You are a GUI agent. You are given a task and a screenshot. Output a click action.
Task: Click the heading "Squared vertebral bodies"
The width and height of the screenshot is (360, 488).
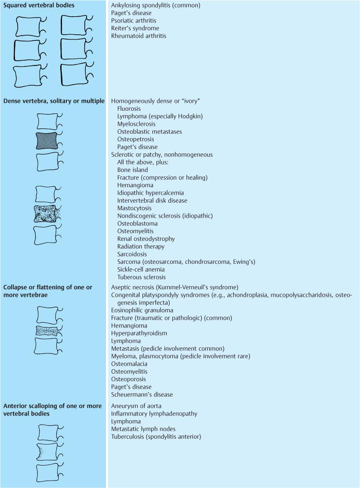pos(39,5)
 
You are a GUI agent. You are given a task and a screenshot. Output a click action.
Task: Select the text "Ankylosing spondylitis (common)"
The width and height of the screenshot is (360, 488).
pos(149,5)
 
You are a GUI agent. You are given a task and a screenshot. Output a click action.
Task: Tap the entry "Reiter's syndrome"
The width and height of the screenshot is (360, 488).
pos(135,28)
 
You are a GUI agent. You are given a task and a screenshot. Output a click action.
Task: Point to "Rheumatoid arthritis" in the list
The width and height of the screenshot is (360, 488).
pos(138,36)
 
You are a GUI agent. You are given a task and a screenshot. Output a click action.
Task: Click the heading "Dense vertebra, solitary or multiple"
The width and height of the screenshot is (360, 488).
pos(54,101)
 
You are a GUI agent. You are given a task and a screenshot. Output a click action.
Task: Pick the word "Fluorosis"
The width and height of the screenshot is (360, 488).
pos(129,109)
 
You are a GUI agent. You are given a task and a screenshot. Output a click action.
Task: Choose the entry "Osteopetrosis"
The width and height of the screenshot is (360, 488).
pos(135,139)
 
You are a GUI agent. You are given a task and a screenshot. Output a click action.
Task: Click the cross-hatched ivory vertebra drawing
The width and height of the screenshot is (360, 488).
pos(47,141)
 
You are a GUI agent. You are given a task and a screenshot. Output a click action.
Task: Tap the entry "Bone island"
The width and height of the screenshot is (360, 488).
pos(132,170)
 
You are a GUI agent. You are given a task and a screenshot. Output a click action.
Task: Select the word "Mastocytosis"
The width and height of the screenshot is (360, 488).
pos(134,208)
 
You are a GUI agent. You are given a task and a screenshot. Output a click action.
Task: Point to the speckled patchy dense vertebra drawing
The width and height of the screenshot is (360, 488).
pos(46,214)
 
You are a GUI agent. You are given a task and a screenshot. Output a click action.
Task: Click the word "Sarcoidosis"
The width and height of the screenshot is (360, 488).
pos(132,254)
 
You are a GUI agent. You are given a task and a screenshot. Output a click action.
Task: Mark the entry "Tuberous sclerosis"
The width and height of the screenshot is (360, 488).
pos(141,277)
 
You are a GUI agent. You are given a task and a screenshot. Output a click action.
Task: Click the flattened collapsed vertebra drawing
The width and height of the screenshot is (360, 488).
pos(47,331)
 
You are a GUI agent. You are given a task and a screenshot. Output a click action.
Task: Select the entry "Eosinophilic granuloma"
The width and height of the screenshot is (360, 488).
pos(142,310)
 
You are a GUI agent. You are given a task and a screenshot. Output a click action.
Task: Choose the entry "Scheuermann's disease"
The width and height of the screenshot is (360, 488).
pos(142,394)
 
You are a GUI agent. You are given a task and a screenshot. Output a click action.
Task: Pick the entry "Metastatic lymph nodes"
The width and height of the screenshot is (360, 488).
pos(143,429)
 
